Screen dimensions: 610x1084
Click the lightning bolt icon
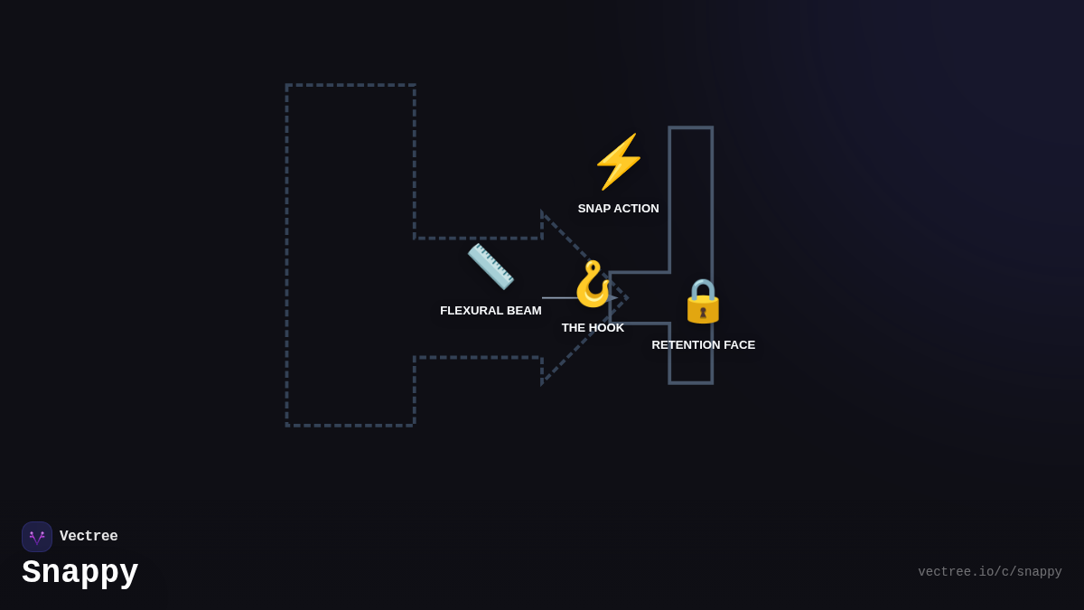[x=619, y=161]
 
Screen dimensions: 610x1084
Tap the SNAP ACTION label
[x=618, y=209]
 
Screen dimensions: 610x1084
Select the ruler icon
[x=491, y=266]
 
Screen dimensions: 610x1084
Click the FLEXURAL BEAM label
[x=491, y=311]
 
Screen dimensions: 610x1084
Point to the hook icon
[x=593, y=284]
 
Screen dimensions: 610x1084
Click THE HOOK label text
[x=593, y=328]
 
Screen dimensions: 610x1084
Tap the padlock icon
[x=703, y=301]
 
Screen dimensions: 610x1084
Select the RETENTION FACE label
[x=703, y=345]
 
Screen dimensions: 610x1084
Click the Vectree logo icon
[x=37, y=537]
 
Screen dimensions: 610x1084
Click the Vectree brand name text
[x=89, y=537]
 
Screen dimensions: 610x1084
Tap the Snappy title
[x=80, y=572]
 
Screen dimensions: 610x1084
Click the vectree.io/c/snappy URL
[x=989, y=572]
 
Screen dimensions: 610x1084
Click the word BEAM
[x=523, y=311]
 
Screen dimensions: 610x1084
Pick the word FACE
[x=737, y=345]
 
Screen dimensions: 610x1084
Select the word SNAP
[x=594, y=209]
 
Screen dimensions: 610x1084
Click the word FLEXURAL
[x=471, y=311]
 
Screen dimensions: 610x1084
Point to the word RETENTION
[x=684, y=345]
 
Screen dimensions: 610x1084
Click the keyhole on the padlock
[x=703, y=313]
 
